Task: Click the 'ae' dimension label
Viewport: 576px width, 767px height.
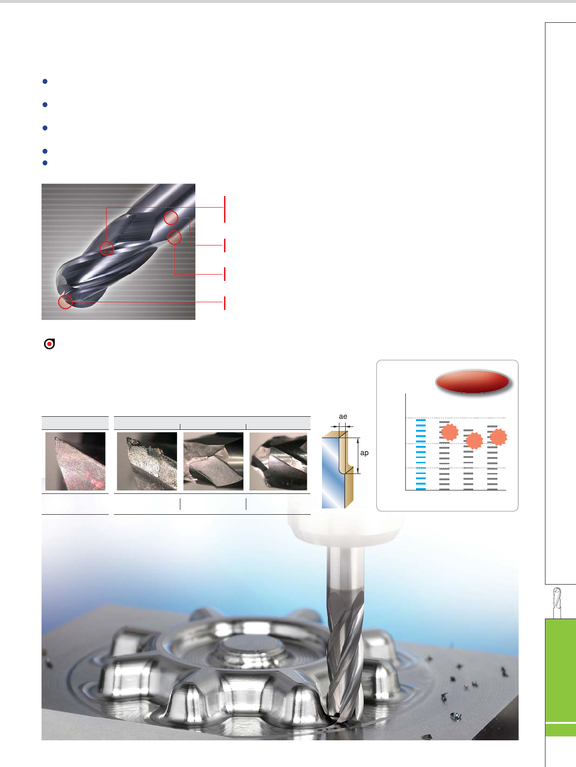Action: tap(343, 416)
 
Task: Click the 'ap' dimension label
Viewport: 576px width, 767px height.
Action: tap(364, 453)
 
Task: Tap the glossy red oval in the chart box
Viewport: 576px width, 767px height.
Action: tap(473, 381)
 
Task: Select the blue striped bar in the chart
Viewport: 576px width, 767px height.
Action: tap(421, 454)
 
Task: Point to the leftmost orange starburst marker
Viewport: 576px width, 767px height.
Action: tap(449, 432)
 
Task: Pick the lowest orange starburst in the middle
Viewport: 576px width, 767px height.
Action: tap(474, 441)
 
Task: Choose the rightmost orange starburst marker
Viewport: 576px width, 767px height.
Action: tap(498, 437)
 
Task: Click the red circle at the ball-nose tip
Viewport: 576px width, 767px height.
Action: tap(65, 302)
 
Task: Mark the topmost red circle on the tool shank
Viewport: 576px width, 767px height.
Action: tap(171, 218)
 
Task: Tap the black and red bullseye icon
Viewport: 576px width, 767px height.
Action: tap(49, 344)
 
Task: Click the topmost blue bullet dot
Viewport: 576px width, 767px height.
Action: tap(45, 82)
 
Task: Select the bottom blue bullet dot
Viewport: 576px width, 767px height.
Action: tap(45, 163)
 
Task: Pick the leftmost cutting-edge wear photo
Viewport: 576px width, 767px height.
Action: tap(76, 461)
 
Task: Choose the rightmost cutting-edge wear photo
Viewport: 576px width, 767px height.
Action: tap(278, 461)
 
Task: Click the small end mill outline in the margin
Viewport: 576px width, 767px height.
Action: tap(557, 603)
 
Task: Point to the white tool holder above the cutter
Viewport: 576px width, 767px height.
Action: tap(346, 528)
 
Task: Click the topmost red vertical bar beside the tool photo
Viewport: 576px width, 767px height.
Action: tap(225, 209)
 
